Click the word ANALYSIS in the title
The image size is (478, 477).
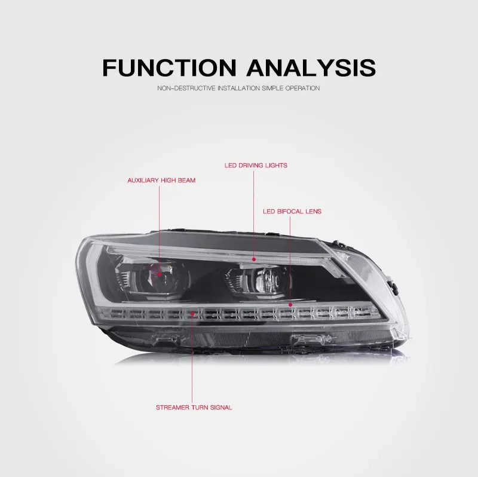pos(311,67)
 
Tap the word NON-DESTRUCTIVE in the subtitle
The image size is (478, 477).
pos(184,88)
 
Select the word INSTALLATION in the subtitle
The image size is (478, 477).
pos(237,88)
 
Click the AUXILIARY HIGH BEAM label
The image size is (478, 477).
pos(161,180)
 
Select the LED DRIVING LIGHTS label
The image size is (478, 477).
pos(256,165)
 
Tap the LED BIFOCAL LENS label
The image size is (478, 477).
pos(292,212)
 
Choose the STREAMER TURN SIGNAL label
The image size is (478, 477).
pos(194,407)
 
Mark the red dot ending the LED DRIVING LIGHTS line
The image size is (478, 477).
pos(254,259)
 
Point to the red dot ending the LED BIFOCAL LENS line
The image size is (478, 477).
pos(290,305)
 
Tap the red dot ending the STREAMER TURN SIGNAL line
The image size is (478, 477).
pos(192,312)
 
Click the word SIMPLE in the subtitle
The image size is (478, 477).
pos(271,88)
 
